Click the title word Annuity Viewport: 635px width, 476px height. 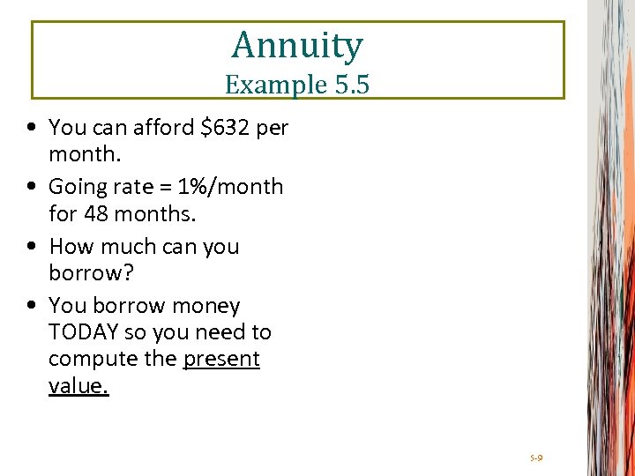tap(297, 45)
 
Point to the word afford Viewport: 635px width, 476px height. tap(164, 128)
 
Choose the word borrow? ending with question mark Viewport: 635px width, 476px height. tap(91, 272)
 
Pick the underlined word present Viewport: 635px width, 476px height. tap(221, 359)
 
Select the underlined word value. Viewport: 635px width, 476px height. tap(78, 385)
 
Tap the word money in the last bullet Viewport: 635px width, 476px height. tap(205, 306)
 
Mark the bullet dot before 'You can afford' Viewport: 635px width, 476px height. tap(32, 129)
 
